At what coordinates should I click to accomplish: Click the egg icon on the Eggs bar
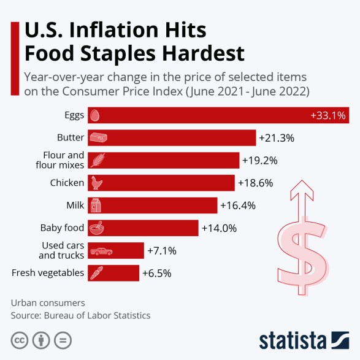click(94, 115)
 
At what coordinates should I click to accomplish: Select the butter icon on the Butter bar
click(98, 137)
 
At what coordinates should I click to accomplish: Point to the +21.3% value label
click(277, 138)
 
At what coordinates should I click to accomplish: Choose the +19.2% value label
click(259, 161)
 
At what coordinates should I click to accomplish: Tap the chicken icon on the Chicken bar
click(97, 183)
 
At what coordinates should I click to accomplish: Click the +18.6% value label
click(255, 183)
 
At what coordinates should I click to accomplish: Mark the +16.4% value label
click(238, 205)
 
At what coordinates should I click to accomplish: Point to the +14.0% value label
click(219, 228)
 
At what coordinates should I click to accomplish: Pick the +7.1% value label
click(162, 251)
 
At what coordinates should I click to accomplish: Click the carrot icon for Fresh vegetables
click(96, 273)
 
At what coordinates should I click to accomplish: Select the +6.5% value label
click(157, 273)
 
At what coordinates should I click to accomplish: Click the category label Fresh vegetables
click(47, 273)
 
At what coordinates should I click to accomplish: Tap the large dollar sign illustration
click(301, 245)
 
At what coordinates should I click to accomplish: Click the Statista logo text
click(293, 339)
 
